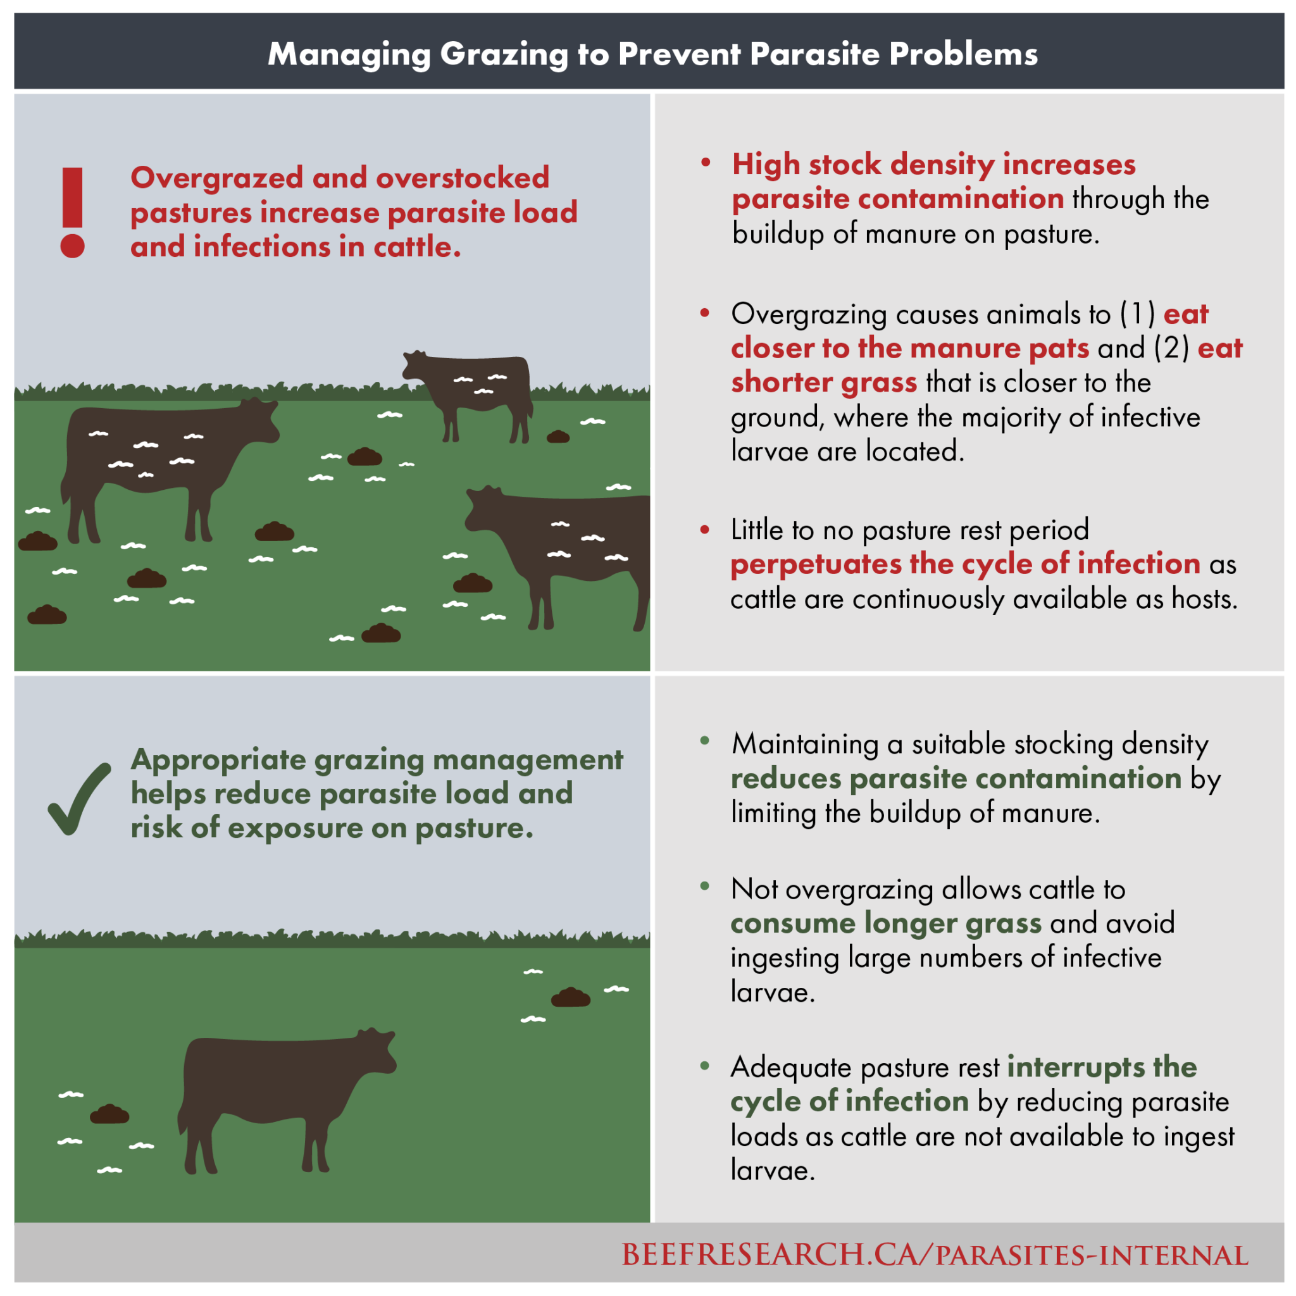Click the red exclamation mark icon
pos(72,213)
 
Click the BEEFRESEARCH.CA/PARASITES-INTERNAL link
pos(935,1255)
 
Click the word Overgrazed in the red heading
pos(216,178)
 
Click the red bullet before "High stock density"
pos(705,163)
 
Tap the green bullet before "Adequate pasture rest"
pos(704,1066)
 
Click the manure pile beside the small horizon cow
pos(558,437)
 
